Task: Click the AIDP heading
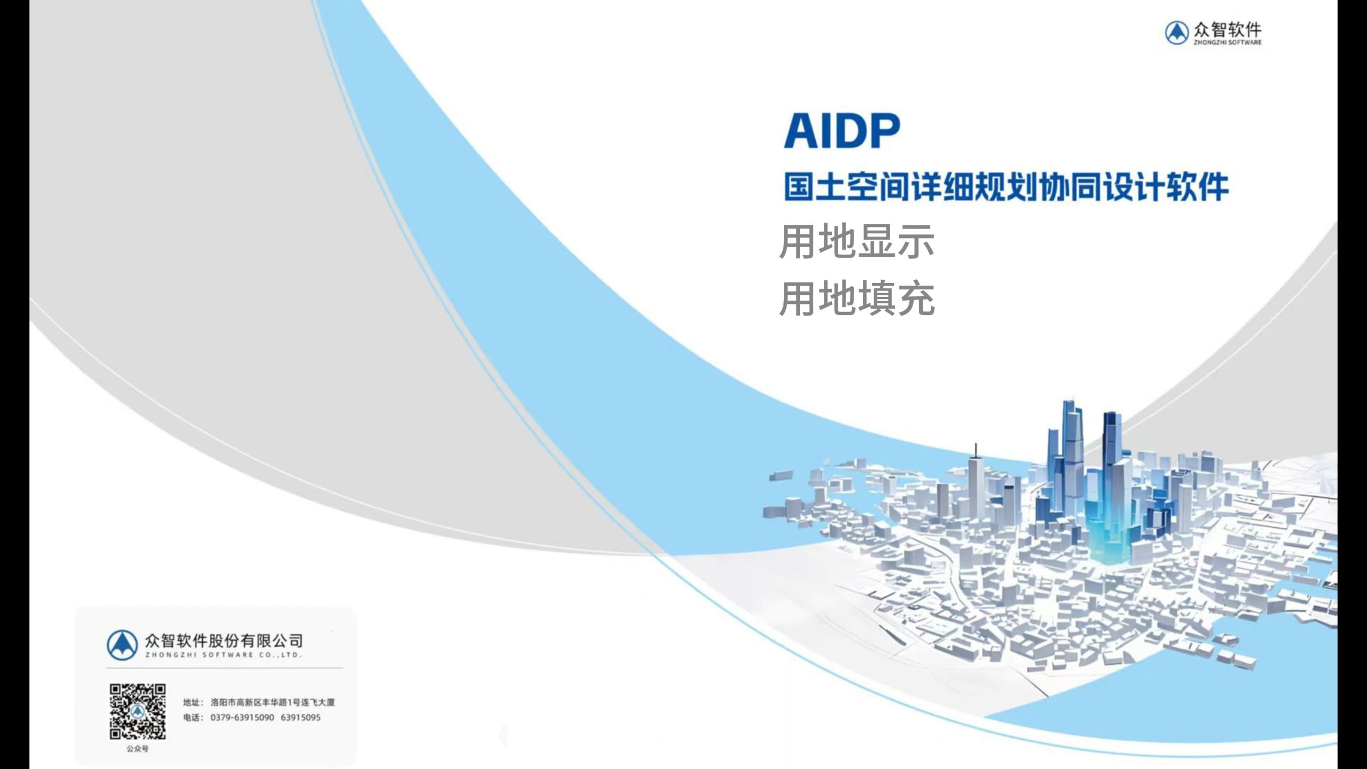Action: click(842, 131)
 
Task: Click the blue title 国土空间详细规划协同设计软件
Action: click(1007, 187)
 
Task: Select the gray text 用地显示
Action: click(857, 242)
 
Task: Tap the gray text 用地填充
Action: click(857, 299)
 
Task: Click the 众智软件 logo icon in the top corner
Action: click(1176, 33)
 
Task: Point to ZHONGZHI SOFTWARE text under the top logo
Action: click(1228, 42)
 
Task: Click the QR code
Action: click(138, 711)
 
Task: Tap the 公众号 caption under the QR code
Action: click(137, 749)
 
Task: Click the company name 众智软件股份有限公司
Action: click(224, 640)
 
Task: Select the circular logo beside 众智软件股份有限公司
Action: click(122, 645)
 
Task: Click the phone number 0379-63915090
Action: click(242, 717)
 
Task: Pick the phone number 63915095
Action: click(301, 717)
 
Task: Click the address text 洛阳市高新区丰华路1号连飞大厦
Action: click(273, 702)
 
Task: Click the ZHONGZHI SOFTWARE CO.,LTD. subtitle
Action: click(224, 655)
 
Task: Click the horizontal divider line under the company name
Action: click(225, 668)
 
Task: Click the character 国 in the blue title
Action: click(799, 187)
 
